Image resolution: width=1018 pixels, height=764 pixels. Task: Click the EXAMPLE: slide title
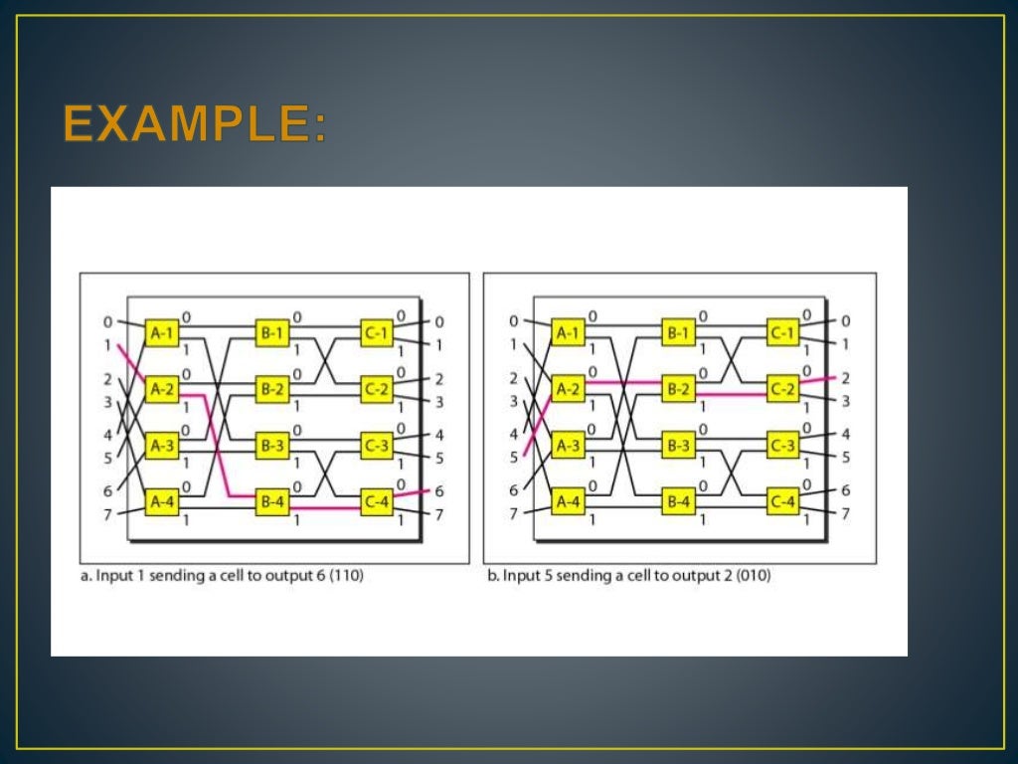(x=195, y=124)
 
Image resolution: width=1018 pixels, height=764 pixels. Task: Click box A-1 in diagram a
(x=161, y=333)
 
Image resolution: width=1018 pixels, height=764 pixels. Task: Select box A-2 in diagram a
(x=161, y=390)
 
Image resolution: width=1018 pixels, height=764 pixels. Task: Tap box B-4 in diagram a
(x=272, y=503)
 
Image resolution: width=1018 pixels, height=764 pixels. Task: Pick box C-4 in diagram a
(x=377, y=503)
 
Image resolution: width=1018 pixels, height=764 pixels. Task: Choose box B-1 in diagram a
(x=272, y=333)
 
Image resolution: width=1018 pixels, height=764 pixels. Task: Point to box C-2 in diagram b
(x=782, y=390)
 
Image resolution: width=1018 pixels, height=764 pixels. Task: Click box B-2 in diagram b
(x=679, y=390)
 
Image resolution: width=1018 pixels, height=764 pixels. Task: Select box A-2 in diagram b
(x=569, y=390)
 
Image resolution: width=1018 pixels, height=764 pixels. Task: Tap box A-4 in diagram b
(x=569, y=503)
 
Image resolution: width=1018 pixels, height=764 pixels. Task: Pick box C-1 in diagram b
(x=782, y=333)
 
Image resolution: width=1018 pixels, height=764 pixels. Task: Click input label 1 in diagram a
(x=107, y=345)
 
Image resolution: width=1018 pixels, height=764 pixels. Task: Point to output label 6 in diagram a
(x=438, y=490)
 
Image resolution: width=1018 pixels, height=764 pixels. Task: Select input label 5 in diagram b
(x=514, y=458)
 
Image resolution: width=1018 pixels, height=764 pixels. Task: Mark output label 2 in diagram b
(x=846, y=378)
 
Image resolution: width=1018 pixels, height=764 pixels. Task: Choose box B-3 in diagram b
(x=679, y=447)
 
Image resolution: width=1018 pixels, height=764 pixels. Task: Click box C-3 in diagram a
(x=377, y=447)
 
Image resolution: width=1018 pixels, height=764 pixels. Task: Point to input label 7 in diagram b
(x=514, y=514)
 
